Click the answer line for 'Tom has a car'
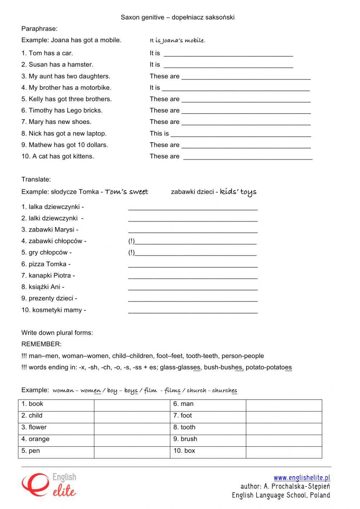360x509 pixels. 228,55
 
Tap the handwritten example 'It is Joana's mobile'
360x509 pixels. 177,41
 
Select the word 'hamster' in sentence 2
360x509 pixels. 82,64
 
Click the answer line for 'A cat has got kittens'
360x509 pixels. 248,158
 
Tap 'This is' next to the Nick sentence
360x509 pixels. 159,133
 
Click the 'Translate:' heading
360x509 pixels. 36,179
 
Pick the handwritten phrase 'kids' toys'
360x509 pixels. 238,192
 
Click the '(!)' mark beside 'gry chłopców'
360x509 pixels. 131,253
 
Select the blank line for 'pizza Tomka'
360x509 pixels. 193,266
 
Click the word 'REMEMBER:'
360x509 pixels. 41,344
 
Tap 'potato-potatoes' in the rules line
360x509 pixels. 269,367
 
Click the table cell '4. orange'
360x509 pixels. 56,439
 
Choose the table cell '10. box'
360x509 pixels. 208,451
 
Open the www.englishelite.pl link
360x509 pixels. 302,478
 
